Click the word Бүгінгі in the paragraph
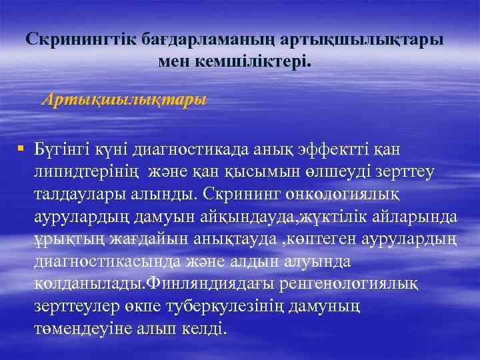pos(61,149)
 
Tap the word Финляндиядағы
pos(203,285)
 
